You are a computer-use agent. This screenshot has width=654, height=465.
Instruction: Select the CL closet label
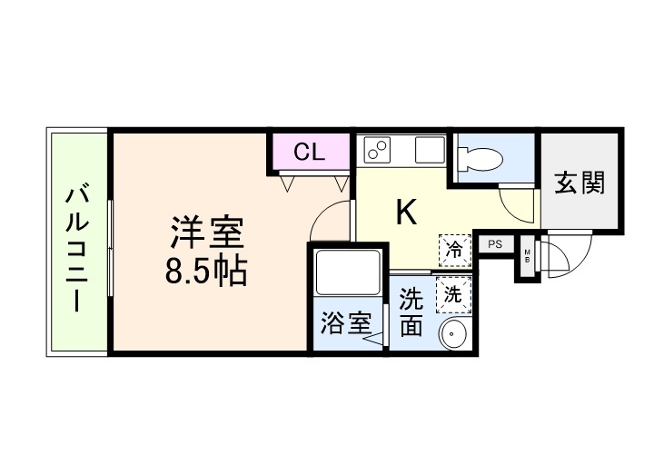[309, 152]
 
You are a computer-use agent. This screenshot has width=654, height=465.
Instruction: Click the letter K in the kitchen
[406, 213]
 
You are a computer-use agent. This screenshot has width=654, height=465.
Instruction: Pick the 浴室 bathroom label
[346, 323]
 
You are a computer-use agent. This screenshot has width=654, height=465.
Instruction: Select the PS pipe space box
[494, 243]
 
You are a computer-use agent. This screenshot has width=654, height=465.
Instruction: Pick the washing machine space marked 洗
[451, 293]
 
